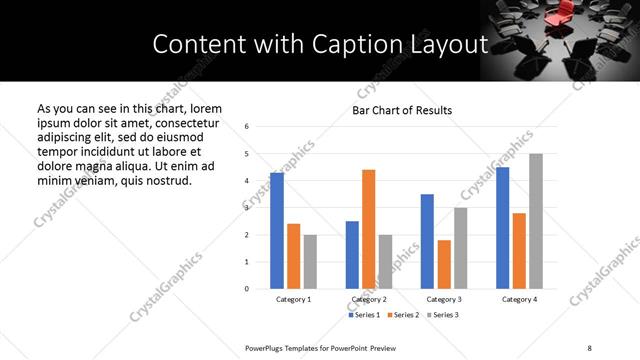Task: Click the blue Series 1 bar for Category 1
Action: [x=277, y=231]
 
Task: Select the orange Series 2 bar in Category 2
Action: [x=368, y=229]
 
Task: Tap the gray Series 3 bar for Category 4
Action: [x=536, y=221]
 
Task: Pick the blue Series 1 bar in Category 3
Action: [x=427, y=241]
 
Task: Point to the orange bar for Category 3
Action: [x=444, y=264]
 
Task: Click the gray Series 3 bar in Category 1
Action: [x=310, y=262]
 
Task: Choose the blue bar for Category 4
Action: [x=502, y=228]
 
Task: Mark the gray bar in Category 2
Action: [x=385, y=262]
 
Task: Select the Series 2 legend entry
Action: [x=405, y=315]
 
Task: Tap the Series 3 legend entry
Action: [x=445, y=315]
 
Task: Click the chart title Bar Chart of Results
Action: [x=402, y=110]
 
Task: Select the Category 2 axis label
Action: [x=369, y=299]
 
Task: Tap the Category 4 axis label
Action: [x=519, y=299]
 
